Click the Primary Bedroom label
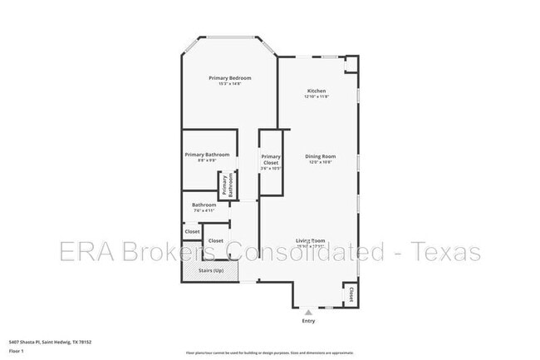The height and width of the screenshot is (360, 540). (x=229, y=77)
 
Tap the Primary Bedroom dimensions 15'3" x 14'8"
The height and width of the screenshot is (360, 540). (x=229, y=84)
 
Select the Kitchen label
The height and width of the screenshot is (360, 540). (x=317, y=91)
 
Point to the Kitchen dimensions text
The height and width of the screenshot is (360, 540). (x=317, y=97)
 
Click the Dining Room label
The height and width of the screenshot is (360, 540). (x=320, y=156)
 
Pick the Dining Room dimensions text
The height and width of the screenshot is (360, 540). (x=320, y=163)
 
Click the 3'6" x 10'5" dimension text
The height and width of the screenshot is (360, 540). (x=271, y=169)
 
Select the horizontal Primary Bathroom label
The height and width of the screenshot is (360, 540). (x=207, y=155)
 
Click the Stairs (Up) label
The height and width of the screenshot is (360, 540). (x=212, y=271)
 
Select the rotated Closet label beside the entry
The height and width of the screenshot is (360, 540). (x=351, y=293)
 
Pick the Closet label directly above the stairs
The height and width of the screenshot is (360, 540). (x=215, y=241)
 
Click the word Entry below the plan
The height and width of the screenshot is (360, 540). (x=309, y=320)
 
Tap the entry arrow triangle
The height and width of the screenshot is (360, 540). (x=309, y=312)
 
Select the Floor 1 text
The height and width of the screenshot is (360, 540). (x=17, y=351)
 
